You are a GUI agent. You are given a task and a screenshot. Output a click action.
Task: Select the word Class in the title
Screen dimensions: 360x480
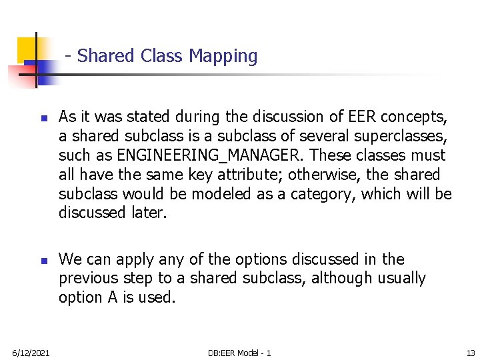tap(163, 56)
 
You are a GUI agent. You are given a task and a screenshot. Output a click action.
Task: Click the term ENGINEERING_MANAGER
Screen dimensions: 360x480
tap(208, 155)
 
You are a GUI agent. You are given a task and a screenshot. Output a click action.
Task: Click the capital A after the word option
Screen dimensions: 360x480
tap(112, 297)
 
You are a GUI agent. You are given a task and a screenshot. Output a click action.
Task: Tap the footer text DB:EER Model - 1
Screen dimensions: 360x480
tap(239, 351)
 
